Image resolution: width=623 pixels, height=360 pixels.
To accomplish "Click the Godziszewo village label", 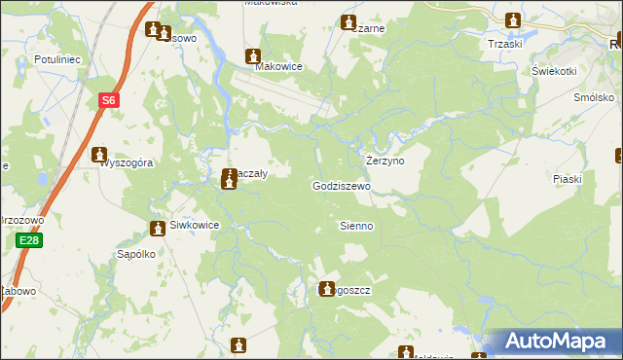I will tap(342, 186).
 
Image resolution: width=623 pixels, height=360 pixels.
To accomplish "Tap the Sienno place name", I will tap(355, 226).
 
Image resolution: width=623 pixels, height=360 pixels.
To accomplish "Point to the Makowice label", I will tap(278, 67).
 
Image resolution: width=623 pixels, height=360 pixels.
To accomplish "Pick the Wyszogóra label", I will tap(128, 163).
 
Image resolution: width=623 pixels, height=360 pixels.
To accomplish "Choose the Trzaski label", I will tap(505, 44).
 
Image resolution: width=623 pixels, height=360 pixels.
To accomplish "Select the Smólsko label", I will tap(594, 98).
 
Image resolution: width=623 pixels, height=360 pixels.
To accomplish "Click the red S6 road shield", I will tap(109, 99).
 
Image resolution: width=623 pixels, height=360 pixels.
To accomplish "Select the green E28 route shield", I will tap(29, 240).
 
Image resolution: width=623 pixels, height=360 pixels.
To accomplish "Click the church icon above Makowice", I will tap(254, 55).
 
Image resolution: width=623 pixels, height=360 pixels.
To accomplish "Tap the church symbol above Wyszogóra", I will tap(99, 154).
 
